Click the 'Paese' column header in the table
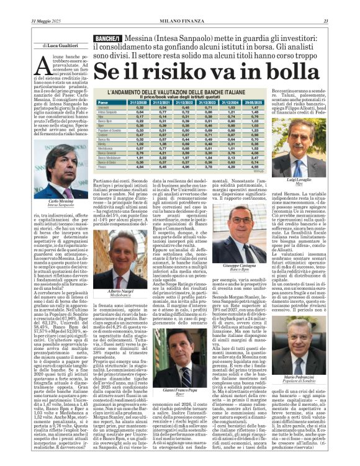(x=103, y=102)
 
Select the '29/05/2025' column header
(x=248, y=102)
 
